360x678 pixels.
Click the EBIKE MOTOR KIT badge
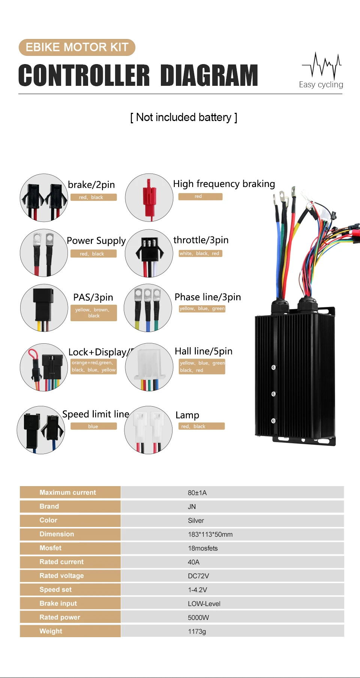77,47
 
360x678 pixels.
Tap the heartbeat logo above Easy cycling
322,65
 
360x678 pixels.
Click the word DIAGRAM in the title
209,75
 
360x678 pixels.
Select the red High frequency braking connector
149,198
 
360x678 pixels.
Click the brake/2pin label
91,185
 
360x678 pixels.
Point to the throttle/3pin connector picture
149,253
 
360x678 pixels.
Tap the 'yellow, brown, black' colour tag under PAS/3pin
93,313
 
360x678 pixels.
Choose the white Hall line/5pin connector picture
149,367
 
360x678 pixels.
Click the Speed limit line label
96,414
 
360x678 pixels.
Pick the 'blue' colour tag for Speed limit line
93,426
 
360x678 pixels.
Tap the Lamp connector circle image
148,430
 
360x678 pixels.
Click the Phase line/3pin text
207,297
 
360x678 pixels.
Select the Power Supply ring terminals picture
44,253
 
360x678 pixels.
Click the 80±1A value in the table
197,492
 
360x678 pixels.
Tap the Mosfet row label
51,548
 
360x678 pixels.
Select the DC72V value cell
198,576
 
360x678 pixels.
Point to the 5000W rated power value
198,617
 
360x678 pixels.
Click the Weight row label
51,631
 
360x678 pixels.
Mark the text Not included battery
184,117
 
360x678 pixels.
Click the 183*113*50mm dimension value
210,534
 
